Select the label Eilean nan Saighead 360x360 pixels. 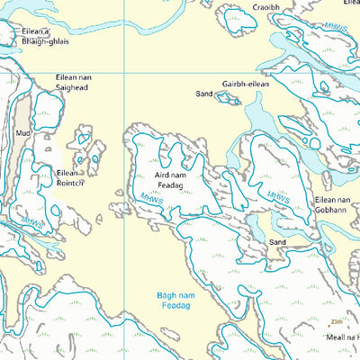pyautogui.click(x=74, y=82)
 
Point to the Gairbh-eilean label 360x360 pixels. pyautogui.click(x=246, y=83)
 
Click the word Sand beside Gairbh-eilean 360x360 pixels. pyautogui.click(x=203, y=93)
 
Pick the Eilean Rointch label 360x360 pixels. pyautogui.click(x=70, y=177)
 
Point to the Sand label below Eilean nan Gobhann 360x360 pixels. pyautogui.click(x=277, y=242)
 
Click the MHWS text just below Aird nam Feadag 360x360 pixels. pyautogui.click(x=149, y=197)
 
